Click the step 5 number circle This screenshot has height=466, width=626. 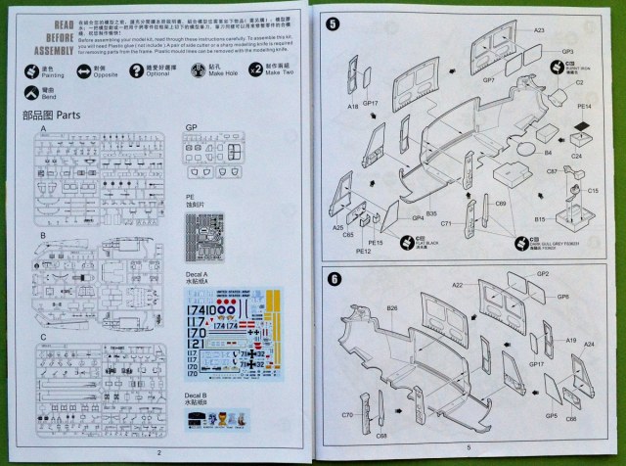tap(334, 23)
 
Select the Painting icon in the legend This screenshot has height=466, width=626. tap(28, 70)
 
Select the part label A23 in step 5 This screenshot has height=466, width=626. tap(539, 31)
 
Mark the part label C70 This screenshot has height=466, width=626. tap(346, 415)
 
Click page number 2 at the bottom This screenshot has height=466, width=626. tap(158, 452)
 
